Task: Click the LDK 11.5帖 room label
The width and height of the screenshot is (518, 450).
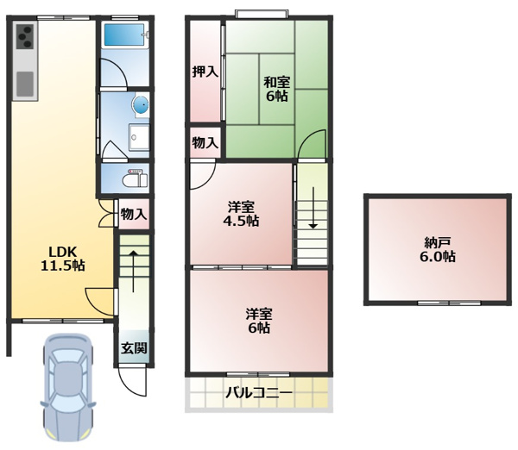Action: [62, 259]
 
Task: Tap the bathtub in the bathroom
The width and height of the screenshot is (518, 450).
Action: [124, 34]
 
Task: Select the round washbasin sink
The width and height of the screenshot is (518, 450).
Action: [142, 106]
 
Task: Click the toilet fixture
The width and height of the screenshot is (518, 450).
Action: [135, 178]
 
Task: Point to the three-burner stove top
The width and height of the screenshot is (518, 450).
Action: [25, 37]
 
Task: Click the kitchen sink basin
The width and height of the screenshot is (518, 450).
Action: [25, 84]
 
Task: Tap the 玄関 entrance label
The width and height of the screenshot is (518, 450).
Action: [134, 348]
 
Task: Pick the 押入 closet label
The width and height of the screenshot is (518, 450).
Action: [205, 72]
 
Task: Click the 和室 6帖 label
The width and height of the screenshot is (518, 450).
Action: [276, 89]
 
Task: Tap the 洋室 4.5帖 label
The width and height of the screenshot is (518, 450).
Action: [241, 214]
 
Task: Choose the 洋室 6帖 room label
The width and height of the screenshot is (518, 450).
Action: [259, 321]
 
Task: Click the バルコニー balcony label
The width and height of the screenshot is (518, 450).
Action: [259, 393]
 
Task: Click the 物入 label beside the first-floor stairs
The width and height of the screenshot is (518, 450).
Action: [134, 214]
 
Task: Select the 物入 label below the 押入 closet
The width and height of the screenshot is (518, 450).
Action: [205, 143]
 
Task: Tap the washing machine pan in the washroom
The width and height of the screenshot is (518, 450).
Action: [139, 137]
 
